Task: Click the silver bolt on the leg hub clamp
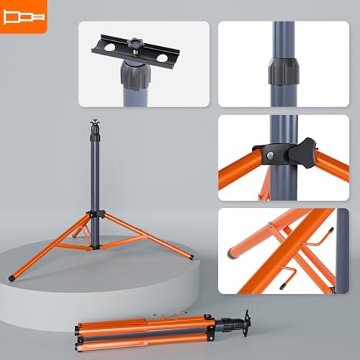pyautogui.click(x=269, y=156)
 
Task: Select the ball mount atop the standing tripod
pyautogui.click(x=94, y=128)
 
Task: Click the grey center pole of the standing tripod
pyautogui.click(x=94, y=173)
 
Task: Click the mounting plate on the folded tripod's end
pyautogui.click(x=243, y=318)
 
